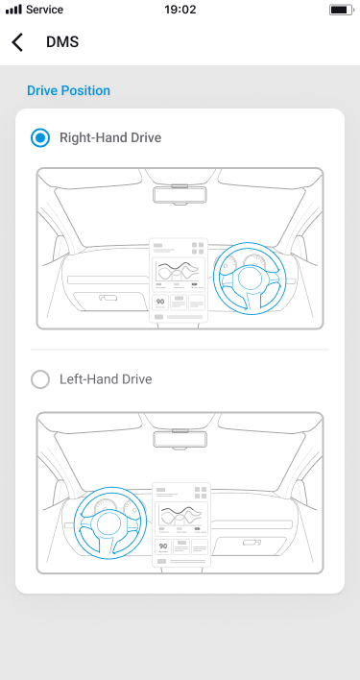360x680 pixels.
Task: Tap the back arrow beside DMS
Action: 17,42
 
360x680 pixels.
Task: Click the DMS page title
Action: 62,42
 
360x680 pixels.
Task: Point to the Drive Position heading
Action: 68,90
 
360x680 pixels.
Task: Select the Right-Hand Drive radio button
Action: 40,138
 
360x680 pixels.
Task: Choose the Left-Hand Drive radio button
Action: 40,379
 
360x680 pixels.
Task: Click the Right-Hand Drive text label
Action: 110,138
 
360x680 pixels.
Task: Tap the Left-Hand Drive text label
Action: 106,379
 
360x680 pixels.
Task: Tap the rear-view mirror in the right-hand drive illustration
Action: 180,195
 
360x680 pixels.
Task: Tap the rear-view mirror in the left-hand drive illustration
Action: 180,439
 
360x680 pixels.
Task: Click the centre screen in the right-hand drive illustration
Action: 179,280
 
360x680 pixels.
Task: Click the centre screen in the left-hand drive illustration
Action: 181,524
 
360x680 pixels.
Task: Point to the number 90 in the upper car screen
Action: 160,301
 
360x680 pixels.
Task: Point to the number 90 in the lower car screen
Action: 163,546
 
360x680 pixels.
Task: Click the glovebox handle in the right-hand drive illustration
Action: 108,298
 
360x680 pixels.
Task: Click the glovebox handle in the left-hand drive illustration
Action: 252,543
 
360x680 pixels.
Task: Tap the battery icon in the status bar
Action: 342,10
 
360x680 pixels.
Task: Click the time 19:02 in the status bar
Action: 180,10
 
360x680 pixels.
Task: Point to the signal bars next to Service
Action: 13,10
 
